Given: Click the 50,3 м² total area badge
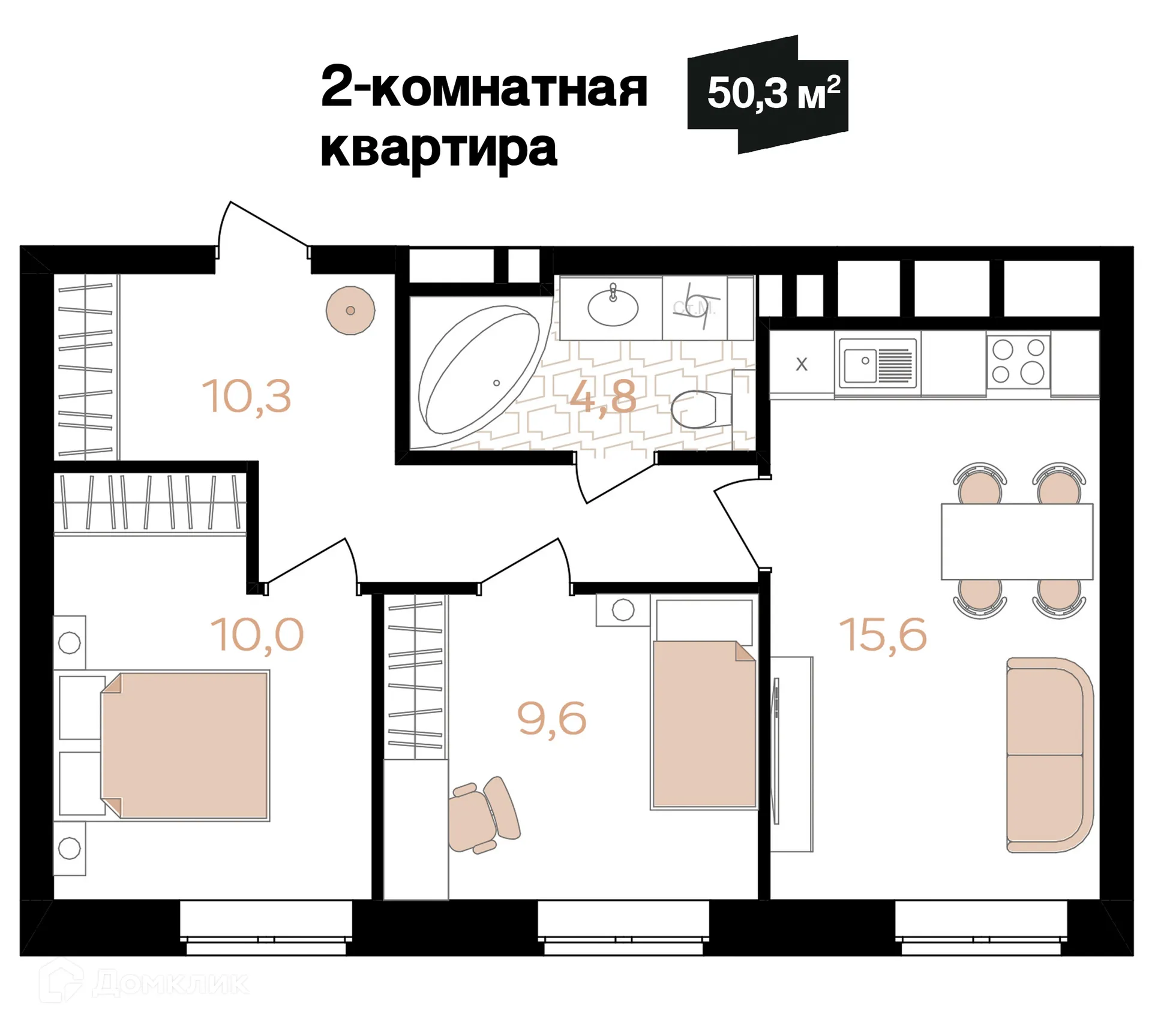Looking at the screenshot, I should click(771, 94).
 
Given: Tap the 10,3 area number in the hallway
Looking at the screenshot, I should click(247, 396).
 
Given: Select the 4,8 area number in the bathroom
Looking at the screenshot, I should click(602, 396).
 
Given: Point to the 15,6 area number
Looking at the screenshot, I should click(883, 635).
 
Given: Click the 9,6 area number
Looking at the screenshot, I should click(551, 719).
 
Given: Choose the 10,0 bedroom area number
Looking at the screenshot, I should click(257, 635).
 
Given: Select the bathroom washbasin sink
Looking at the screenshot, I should click(613, 307).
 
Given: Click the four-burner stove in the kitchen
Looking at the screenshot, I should click(1018, 362).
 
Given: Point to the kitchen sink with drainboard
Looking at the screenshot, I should click(877, 362).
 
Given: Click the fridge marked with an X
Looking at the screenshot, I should click(801, 364).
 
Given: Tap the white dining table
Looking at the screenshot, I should click(1016, 541).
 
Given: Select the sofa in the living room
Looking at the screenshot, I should click(1049, 755).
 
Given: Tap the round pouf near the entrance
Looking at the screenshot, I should click(350, 310).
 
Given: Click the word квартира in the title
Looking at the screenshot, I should click(439, 149).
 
